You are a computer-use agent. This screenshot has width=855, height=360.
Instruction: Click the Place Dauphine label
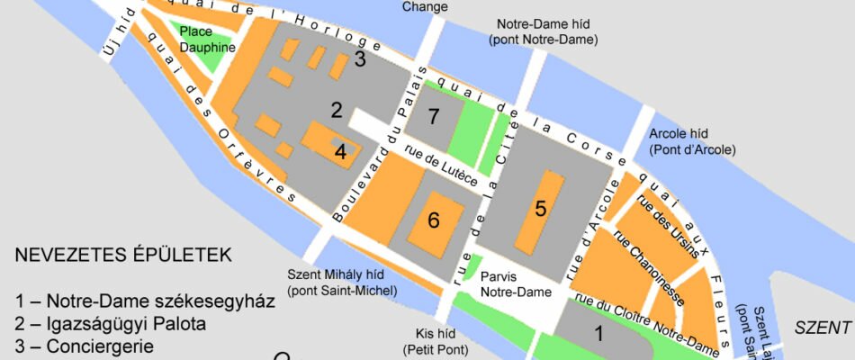(x=207, y=39)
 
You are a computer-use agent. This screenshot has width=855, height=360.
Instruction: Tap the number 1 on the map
(x=598, y=334)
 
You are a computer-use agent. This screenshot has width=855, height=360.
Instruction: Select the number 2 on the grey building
(x=337, y=111)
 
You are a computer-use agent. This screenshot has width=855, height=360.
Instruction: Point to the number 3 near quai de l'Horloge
(x=360, y=60)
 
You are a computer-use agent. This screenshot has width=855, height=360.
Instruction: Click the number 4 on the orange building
(x=340, y=151)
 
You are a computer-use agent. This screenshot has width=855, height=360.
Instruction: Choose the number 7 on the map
(x=434, y=116)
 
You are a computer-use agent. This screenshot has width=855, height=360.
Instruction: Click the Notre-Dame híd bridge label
(x=543, y=31)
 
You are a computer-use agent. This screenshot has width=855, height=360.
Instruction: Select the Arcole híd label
(x=692, y=140)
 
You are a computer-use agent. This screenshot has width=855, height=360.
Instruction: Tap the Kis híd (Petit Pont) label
(x=427, y=340)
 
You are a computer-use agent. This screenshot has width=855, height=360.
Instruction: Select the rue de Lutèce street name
(x=440, y=167)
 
